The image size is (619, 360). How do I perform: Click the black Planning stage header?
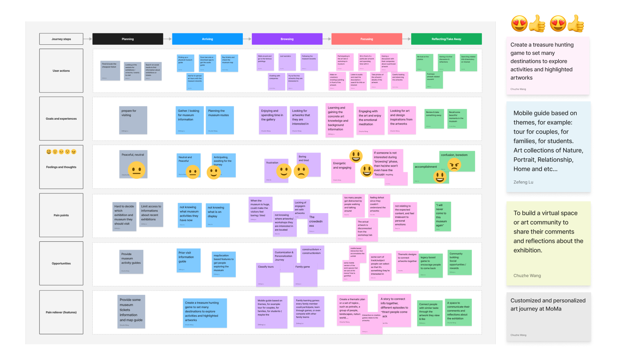[x=128, y=39]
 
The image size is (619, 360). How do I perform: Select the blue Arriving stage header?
[x=207, y=39]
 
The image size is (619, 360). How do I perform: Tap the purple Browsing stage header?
[x=287, y=39]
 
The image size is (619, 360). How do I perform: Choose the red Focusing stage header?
[x=366, y=39]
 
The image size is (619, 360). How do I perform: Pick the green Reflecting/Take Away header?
[x=446, y=39]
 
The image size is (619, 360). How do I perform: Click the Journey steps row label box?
[x=61, y=39]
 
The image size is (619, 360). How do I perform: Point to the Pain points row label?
[x=61, y=215]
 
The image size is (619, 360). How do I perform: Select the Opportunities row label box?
[x=61, y=263]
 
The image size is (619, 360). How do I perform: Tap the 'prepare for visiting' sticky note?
[x=133, y=120]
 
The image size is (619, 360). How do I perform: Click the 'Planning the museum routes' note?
[x=220, y=120]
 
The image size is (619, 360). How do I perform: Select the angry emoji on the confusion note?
[x=454, y=165]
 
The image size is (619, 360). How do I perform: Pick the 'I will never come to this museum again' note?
[x=443, y=216]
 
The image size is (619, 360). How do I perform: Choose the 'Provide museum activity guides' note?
[x=131, y=262]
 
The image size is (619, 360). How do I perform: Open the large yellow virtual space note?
[x=548, y=244]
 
